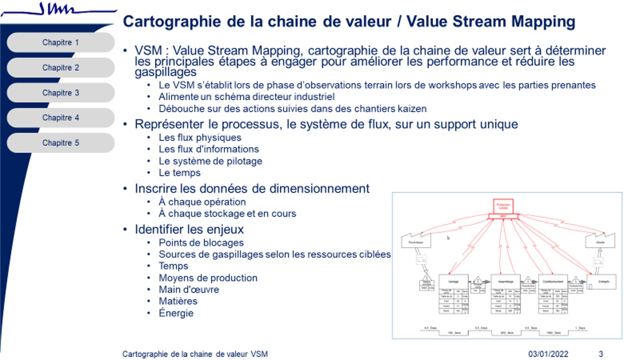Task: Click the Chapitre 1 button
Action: coord(60,42)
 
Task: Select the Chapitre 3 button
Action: coord(60,93)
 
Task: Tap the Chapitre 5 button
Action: coord(60,143)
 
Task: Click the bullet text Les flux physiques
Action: coord(200,138)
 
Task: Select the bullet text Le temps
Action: coord(180,173)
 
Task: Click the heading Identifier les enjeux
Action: coord(189,230)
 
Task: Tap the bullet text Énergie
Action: coord(176,313)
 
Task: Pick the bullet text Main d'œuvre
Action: coord(189,290)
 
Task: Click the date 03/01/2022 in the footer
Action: coord(548,354)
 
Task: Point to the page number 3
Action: coord(600,354)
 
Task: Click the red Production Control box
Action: coord(503,206)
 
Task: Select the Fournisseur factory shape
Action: coord(416,242)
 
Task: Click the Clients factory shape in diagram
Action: coord(600,242)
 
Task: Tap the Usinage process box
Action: coord(453,282)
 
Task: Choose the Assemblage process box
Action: coord(506,282)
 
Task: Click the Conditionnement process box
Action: coord(553,282)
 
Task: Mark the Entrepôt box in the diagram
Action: coord(602,282)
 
